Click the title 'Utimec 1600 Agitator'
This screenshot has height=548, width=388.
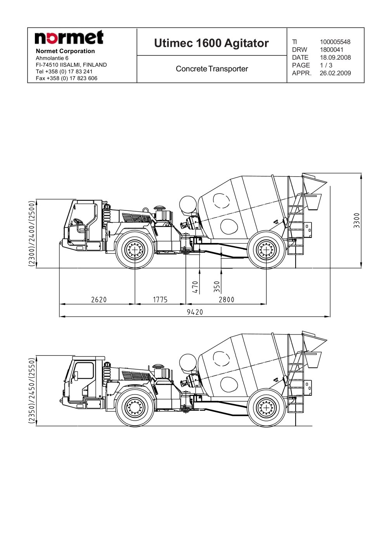(211, 43)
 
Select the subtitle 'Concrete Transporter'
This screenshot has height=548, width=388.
(212, 69)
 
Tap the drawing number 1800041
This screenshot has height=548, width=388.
(332, 50)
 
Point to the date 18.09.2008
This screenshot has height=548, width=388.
(335, 57)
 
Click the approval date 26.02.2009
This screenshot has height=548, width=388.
(335, 73)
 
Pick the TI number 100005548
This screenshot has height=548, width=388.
(335, 42)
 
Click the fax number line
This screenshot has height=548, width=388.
(66, 78)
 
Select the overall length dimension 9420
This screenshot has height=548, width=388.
(195, 312)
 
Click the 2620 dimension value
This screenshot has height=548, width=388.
(99, 300)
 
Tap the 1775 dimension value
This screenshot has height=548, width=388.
(160, 300)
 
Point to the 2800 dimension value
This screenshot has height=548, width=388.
(227, 300)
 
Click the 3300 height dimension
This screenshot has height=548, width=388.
(357, 221)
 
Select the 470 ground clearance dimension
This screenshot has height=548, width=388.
(195, 287)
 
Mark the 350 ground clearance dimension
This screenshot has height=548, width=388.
(217, 287)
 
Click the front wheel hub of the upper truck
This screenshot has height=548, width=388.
(135, 250)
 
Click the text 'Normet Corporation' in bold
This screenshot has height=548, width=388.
(65, 51)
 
